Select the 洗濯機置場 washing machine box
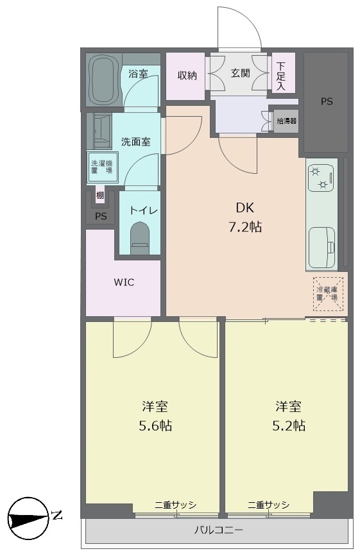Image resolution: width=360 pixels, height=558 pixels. pyautogui.click(x=103, y=167)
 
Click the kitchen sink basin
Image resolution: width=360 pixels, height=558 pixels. pyautogui.click(x=321, y=248)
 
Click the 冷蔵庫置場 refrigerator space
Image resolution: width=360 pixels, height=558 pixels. pyautogui.click(x=328, y=294)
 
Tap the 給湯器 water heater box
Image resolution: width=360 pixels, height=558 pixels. pyautogui.click(x=287, y=121)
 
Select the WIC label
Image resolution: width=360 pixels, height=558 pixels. pyautogui.click(x=124, y=283)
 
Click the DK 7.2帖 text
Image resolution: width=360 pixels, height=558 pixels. pyautogui.click(x=245, y=217)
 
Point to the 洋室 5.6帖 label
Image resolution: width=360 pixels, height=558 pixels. pyautogui.click(x=155, y=416)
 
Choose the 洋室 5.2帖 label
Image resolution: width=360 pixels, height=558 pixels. pyautogui.click(x=289, y=416)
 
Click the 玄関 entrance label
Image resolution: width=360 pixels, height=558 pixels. pyautogui.click(x=241, y=74)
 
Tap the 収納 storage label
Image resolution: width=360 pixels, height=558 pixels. pyautogui.click(x=187, y=76)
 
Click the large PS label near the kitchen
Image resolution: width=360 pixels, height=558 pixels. pyautogui.click(x=327, y=102)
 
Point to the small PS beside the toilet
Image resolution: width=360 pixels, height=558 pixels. pyautogui.click(x=101, y=216)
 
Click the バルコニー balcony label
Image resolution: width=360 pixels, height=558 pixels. pyautogui.click(x=219, y=530)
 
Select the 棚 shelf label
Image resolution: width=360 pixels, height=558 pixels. pyautogui.click(x=100, y=196)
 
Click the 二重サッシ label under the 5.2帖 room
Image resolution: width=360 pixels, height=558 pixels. pyautogui.click(x=269, y=504)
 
